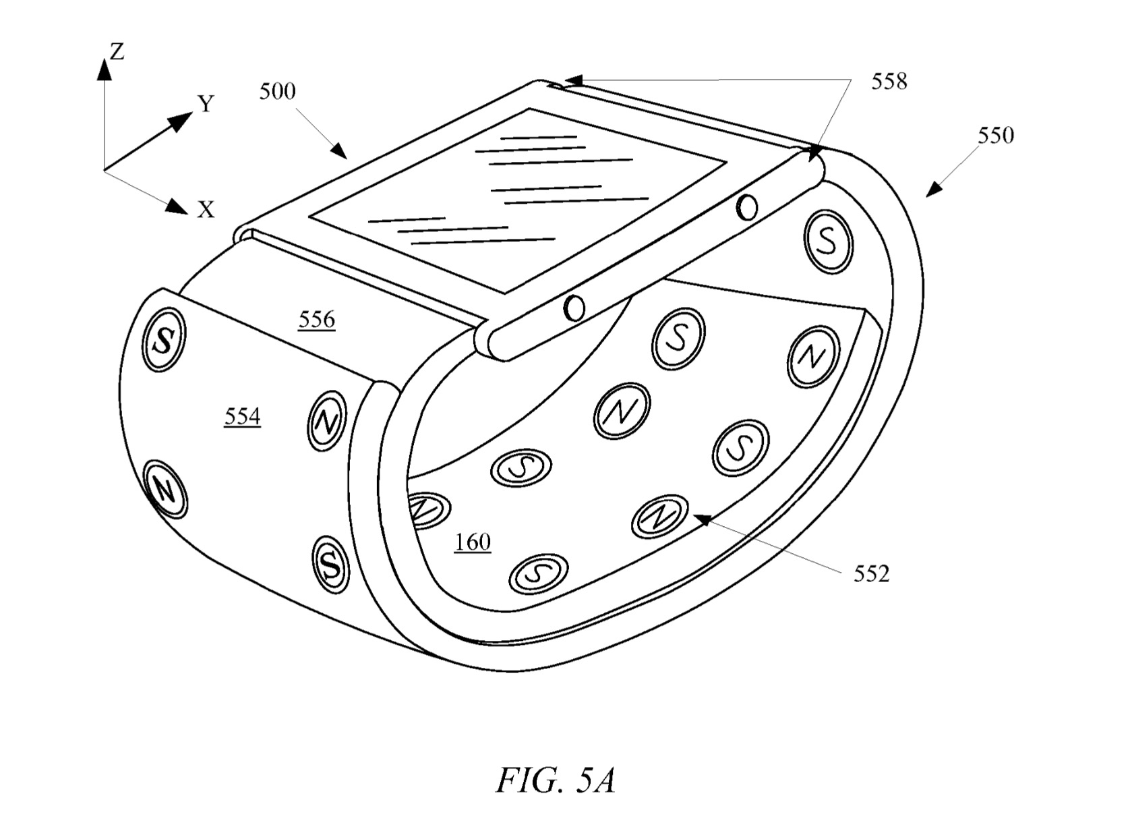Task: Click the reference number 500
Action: click(x=278, y=92)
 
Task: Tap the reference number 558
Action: click(x=889, y=81)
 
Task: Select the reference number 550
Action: click(x=995, y=135)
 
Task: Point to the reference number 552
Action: click(x=871, y=574)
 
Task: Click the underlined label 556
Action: click(x=317, y=320)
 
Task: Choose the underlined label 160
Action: click(x=473, y=542)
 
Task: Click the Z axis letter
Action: click(x=117, y=51)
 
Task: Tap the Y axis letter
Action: click(x=206, y=103)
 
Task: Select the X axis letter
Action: click(x=206, y=209)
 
